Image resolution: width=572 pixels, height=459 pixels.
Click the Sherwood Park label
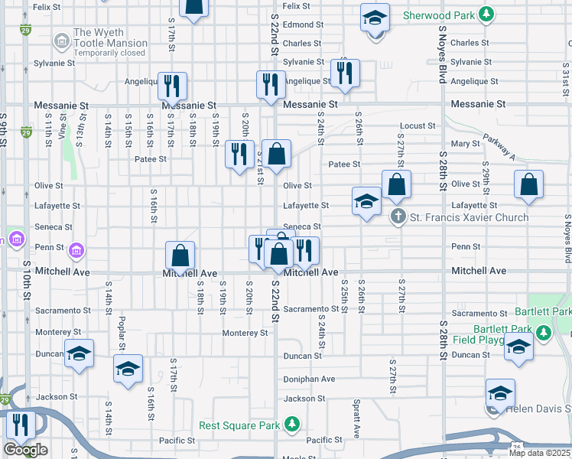tap(434, 15)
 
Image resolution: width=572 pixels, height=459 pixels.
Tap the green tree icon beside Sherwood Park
tap(485, 15)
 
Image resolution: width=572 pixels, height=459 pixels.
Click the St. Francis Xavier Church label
tap(469, 218)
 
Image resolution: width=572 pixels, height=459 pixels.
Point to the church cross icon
tap(398, 218)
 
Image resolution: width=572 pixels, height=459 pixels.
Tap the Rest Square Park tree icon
tap(291, 424)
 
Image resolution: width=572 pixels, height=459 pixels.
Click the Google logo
tap(25, 451)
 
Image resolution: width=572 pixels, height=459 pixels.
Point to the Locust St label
tap(418, 125)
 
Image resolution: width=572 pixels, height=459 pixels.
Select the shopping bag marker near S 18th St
tap(180, 256)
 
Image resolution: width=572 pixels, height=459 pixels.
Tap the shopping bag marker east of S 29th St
tap(528, 185)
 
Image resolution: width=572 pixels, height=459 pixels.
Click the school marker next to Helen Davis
tap(501, 393)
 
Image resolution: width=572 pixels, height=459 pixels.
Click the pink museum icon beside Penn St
tap(76, 250)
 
